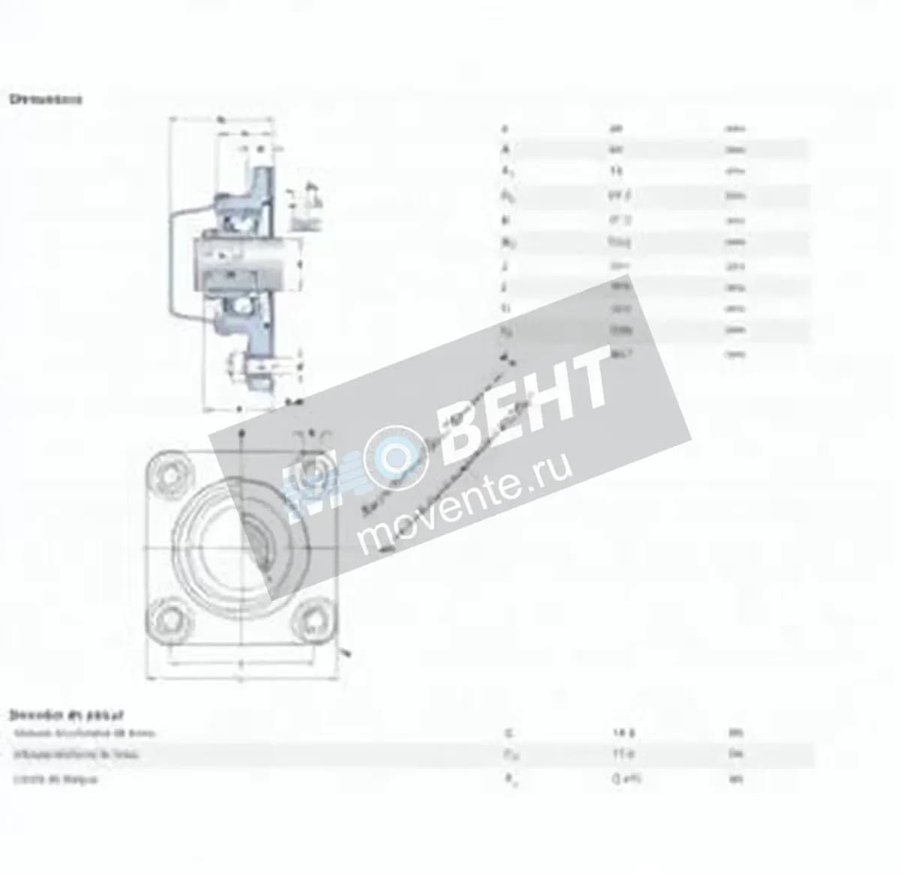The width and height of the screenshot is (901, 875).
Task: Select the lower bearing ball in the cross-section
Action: [x=243, y=306]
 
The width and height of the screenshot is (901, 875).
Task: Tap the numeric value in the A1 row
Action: [x=616, y=171]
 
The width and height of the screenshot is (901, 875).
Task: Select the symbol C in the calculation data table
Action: [x=508, y=732]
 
